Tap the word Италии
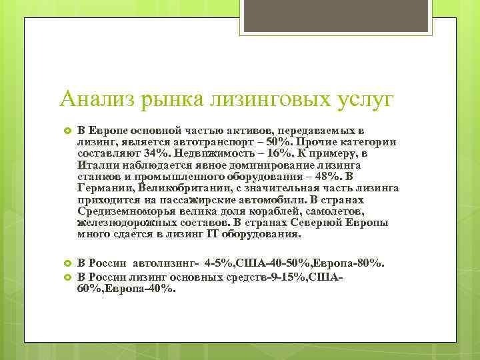click(x=95, y=164)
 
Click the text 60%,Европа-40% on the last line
click(x=127, y=288)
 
